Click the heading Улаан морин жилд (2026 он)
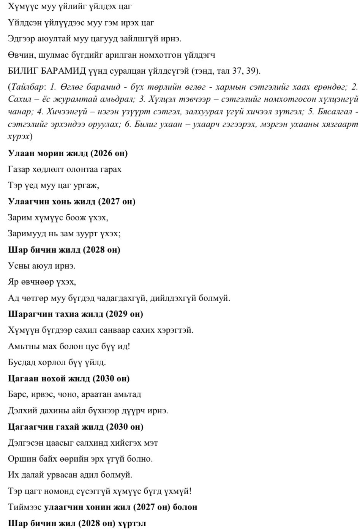(68, 153)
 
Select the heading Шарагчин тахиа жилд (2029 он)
(75, 314)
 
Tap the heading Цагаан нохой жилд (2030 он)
(69, 379)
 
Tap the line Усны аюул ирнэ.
(41, 266)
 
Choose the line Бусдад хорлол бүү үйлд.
(57, 362)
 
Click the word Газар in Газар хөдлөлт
(18, 169)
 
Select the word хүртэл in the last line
(132, 524)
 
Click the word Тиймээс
(24, 507)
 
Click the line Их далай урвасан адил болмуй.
(70, 475)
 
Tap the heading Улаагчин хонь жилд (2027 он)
(71, 202)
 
